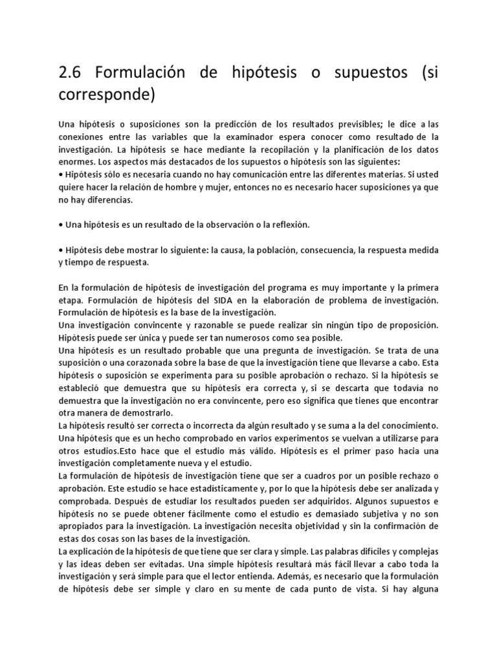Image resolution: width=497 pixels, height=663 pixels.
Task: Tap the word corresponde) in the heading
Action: click(x=107, y=95)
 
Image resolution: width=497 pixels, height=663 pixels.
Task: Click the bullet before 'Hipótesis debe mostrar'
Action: click(x=60, y=250)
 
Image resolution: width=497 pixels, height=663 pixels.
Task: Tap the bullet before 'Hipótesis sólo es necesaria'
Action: click(x=60, y=174)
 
